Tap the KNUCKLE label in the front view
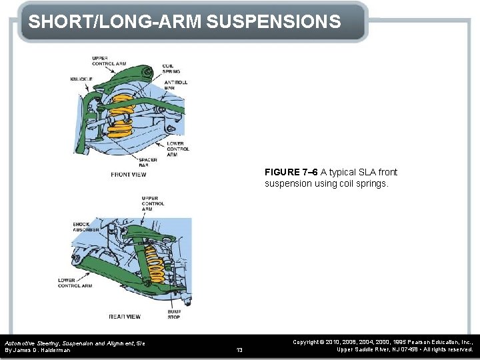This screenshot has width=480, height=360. tap(81, 79)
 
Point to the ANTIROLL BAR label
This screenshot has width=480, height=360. tap(175, 85)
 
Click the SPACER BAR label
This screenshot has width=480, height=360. tap(148, 162)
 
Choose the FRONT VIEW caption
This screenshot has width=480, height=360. tap(128, 175)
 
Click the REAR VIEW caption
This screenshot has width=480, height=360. tap(125, 316)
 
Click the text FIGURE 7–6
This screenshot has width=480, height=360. tap(291, 172)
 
